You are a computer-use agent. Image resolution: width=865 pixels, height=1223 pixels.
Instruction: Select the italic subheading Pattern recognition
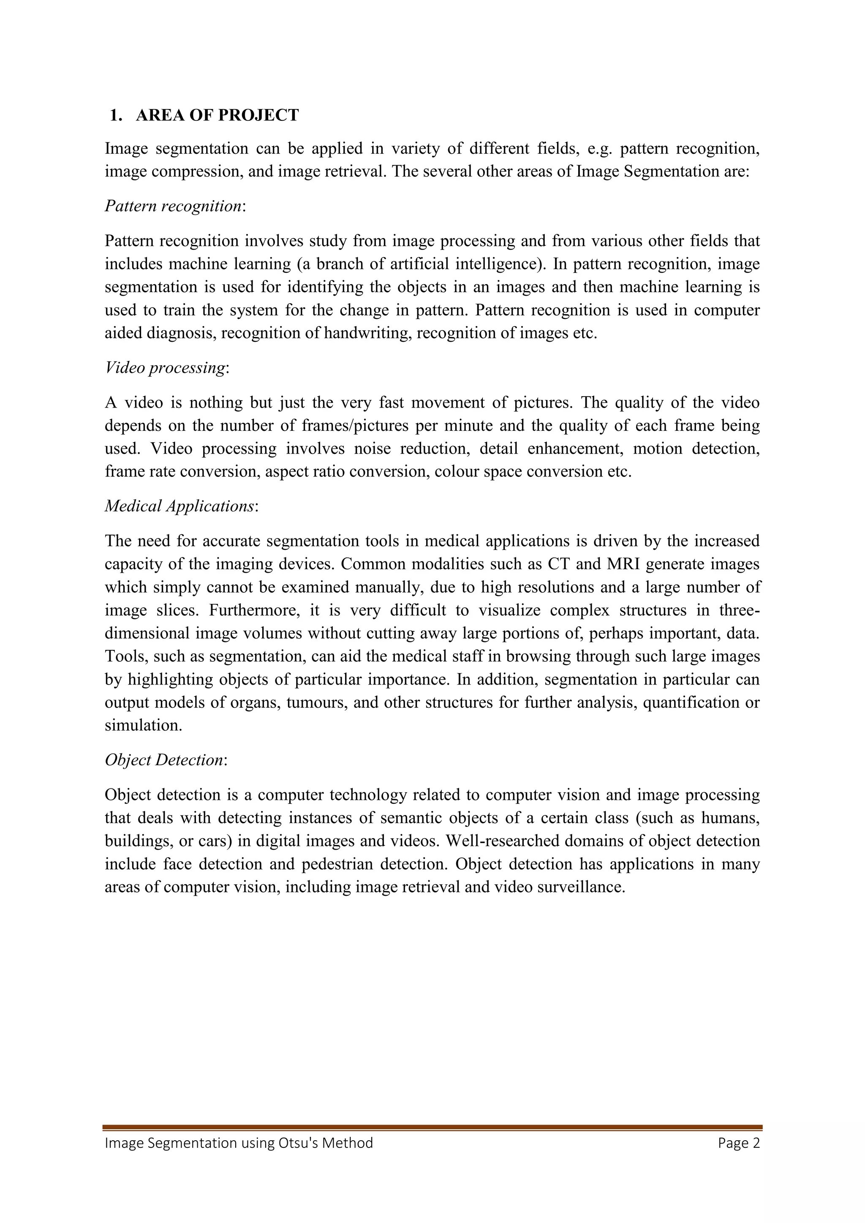[173, 206]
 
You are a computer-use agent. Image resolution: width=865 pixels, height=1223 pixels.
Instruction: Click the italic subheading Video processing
[165, 367]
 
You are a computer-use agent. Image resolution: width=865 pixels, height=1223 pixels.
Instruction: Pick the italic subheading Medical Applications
[180, 506]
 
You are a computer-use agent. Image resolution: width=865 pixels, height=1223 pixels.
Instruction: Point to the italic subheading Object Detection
[164, 760]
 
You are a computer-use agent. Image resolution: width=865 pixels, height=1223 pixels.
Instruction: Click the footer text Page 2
[739, 1143]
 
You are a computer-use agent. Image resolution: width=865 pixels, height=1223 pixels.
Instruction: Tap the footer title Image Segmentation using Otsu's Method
[239, 1143]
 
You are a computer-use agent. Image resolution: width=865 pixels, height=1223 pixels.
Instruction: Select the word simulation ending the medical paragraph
[143, 726]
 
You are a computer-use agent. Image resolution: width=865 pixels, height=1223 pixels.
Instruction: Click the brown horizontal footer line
[432, 1127]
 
